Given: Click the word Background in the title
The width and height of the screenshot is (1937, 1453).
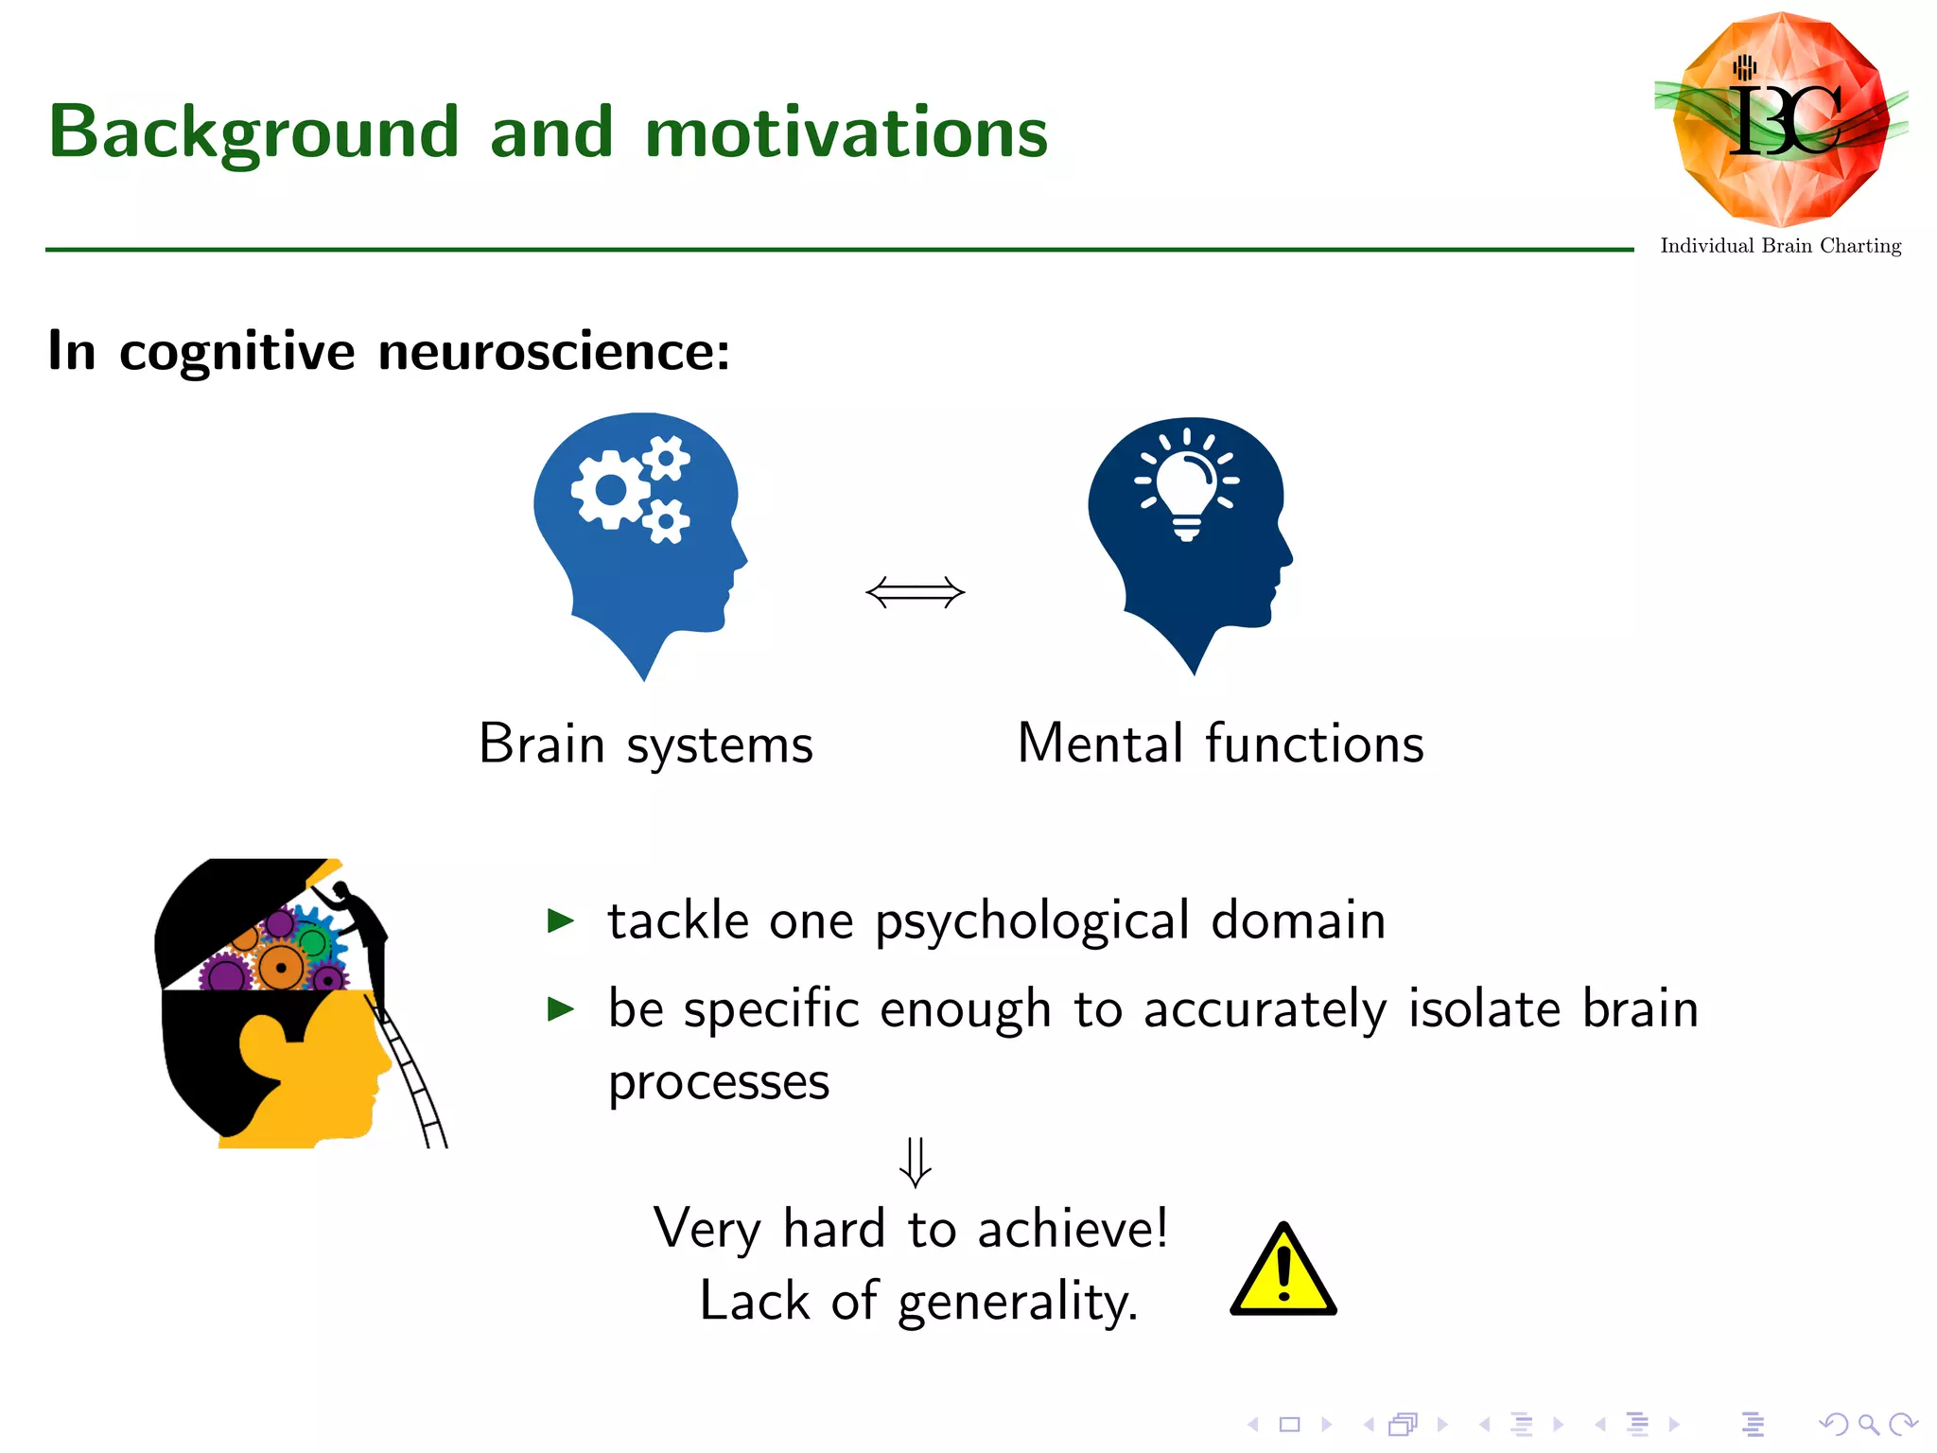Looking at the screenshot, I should click(x=253, y=132).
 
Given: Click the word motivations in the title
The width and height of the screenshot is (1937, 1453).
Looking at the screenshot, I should click(x=846, y=132).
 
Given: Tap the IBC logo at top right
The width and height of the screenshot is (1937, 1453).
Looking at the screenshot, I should click(x=1781, y=120).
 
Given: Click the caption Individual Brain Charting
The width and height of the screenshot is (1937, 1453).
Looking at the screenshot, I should click(x=1780, y=246).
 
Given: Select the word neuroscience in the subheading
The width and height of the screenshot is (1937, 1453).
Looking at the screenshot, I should click(x=553, y=352).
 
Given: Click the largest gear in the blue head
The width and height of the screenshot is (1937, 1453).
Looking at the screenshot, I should click(x=611, y=490).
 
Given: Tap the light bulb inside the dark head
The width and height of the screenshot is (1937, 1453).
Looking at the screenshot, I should click(x=1187, y=482).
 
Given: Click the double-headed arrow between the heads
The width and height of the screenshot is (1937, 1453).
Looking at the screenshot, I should click(x=915, y=593).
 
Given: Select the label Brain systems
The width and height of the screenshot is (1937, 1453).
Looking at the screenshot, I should click(x=646, y=744).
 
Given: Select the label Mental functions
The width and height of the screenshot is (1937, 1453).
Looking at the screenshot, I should click(x=1220, y=744).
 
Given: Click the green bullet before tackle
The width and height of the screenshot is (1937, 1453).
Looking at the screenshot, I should click(x=561, y=920).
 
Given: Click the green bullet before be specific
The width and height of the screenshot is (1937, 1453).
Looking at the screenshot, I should click(x=561, y=1009).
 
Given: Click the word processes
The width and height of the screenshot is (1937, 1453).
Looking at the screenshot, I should click(x=719, y=1082).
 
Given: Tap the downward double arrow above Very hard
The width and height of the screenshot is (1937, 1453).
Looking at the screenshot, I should click(x=915, y=1162).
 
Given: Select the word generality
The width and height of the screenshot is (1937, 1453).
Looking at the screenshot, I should click(x=1017, y=1302).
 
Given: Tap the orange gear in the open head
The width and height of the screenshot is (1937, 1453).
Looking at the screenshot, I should click(x=281, y=968).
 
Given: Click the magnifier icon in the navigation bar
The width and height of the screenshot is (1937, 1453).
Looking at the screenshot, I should click(x=1868, y=1424).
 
